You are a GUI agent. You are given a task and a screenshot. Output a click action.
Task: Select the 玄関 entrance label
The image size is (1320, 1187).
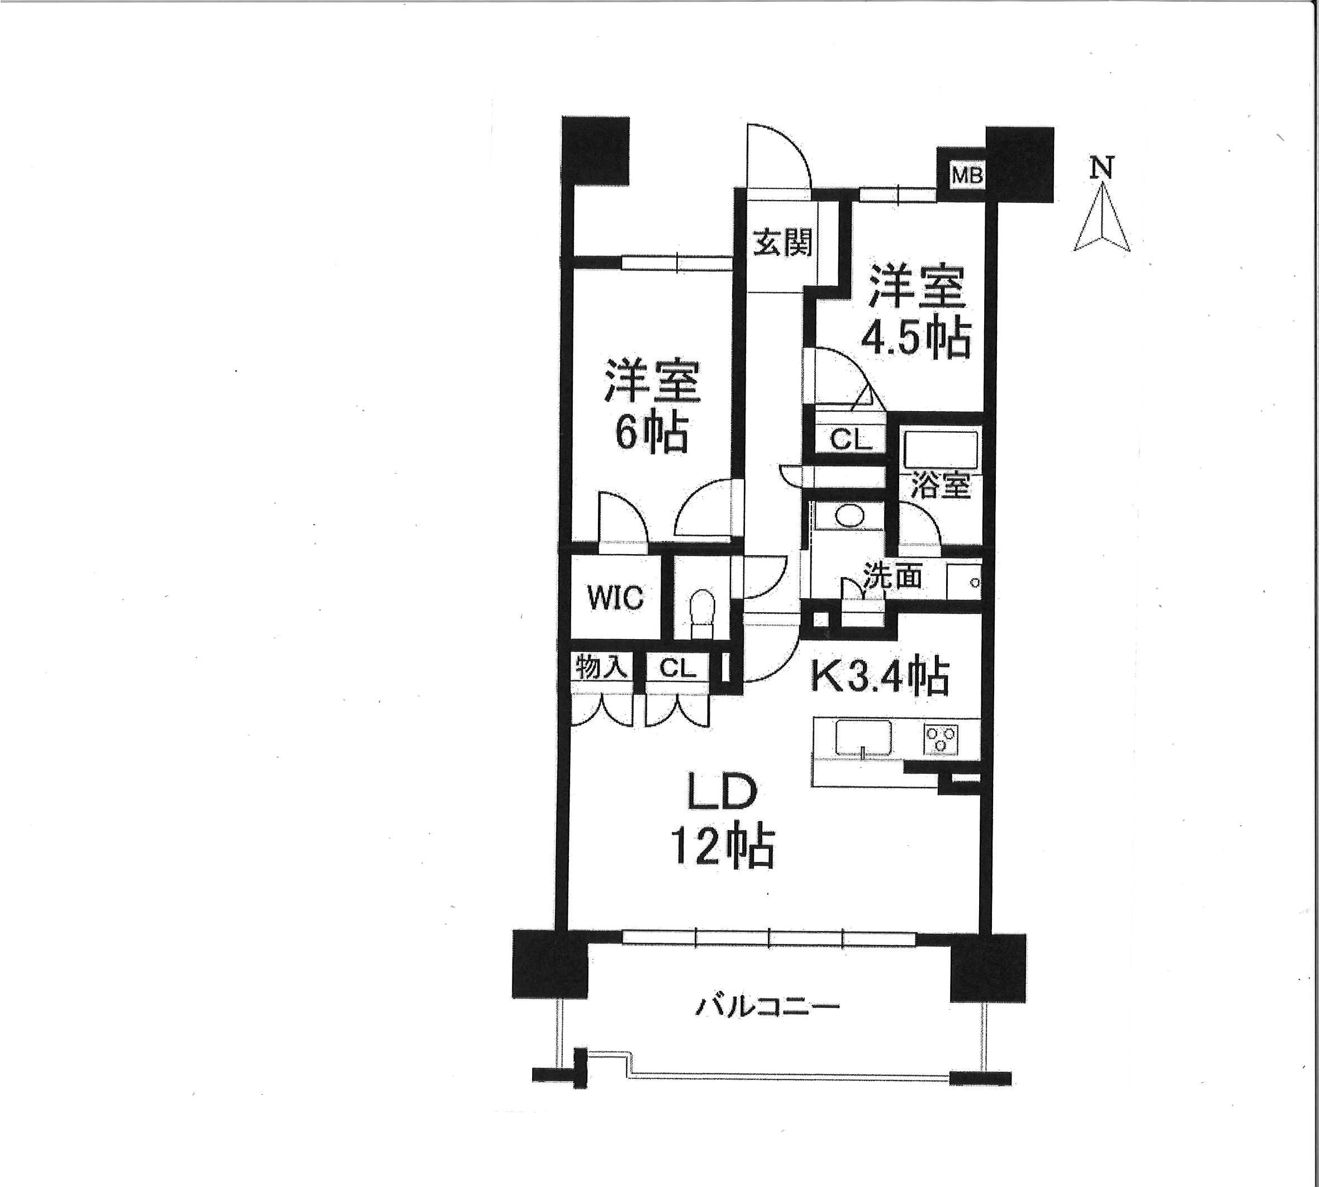point(783,244)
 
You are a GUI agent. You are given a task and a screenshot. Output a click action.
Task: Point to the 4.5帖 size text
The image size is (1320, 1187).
point(916,338)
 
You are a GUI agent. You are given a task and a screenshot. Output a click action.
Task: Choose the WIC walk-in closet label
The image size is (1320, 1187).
point(616,598)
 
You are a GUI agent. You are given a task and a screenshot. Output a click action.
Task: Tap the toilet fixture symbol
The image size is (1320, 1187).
point(702,614)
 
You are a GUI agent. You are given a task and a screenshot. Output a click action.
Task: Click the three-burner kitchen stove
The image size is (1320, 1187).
point(941,740)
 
